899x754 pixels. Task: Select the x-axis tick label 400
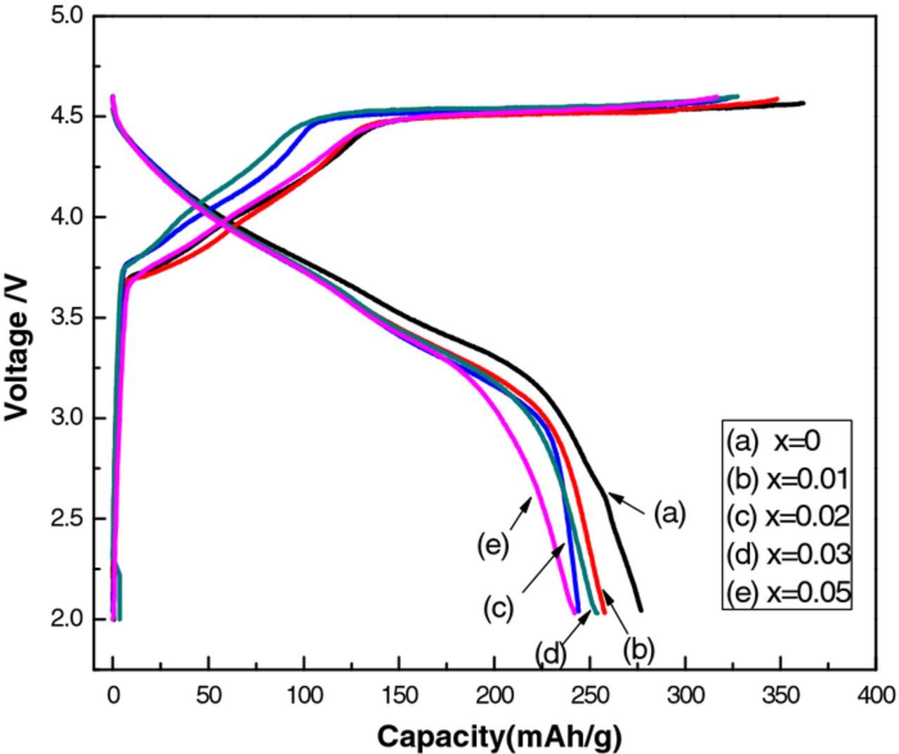coord(875,696)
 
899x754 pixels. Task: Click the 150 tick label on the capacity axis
coord(399,696)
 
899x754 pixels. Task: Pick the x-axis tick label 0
coord(112,696)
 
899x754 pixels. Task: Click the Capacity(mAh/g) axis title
coord(499,737)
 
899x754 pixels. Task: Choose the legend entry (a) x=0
coord(773,441)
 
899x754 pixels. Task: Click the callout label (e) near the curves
coord(492,545)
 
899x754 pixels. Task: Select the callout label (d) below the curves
coord(551,654)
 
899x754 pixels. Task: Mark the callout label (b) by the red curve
coord(638,650)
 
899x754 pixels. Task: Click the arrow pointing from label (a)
coord(626,502)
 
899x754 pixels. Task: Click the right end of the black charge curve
coord(802,103)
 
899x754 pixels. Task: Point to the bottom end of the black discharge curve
coord(640,609)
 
